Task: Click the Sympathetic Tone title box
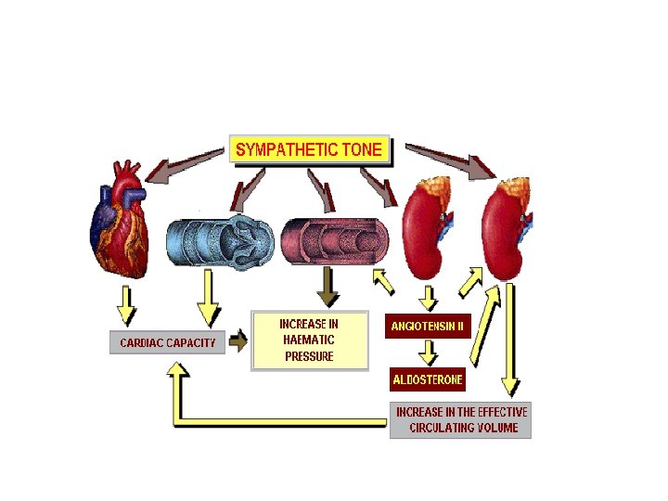click(x=309, y=149)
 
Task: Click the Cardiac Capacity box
click(x=167, y=342)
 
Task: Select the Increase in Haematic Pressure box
click(x=310, y=340)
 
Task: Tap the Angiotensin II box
click(x=428, y=327)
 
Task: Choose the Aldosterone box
click(x=428, y=380)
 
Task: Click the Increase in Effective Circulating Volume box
click(x=461, y=420)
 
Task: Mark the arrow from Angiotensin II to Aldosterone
click(x=428, y=353)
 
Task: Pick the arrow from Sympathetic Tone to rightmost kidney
click(x=451, y=159)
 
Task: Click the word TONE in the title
click(x=358, y=149)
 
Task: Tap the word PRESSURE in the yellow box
click(x=309, y=356)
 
